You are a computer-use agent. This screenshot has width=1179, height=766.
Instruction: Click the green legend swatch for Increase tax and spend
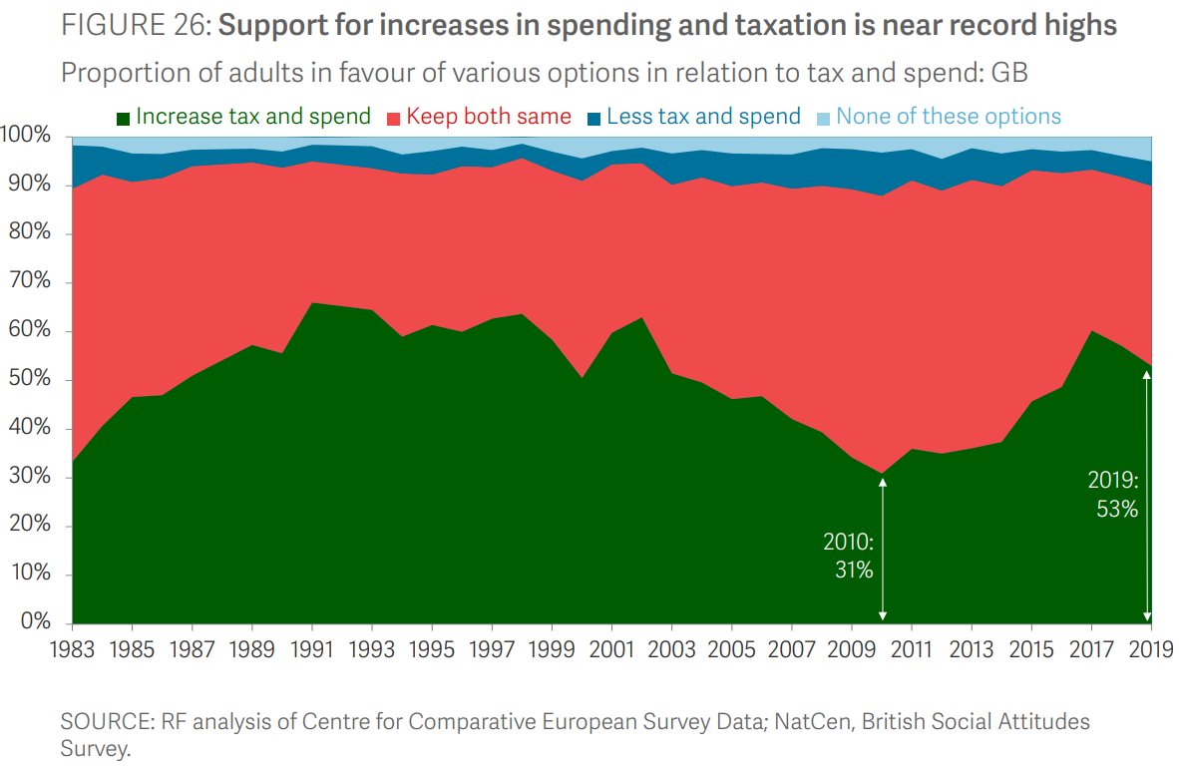[x=123, y=118]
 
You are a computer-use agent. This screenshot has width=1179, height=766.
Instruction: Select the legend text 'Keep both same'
[x=489, y=117]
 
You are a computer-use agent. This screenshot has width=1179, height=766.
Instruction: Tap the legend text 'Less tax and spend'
[x=703, y=117]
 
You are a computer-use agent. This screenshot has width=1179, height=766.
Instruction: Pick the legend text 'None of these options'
[x=949, y=117]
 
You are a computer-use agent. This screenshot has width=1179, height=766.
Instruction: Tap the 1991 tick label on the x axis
[x=311, y=649]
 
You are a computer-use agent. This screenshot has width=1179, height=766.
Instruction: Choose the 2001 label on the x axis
[x=610, y=649]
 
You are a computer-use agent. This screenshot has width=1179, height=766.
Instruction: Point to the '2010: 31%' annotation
[x=848, y=557]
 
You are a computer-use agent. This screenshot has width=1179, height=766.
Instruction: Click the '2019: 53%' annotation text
[x=1112, y=496]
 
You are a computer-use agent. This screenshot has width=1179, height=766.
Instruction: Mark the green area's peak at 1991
[x=311, y=303]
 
